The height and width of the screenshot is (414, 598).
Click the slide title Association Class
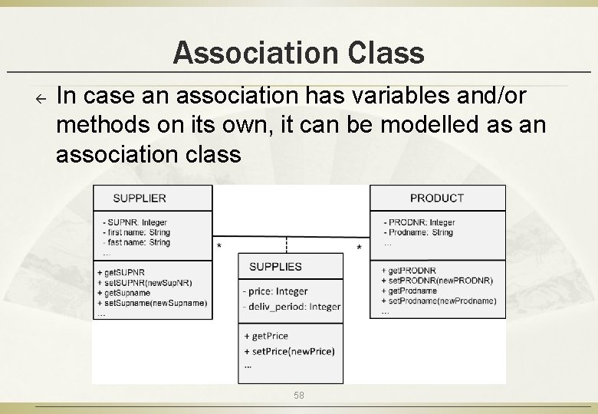tap(298, 53)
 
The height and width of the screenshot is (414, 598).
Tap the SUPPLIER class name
tap(140, 198)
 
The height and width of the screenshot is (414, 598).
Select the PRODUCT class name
tap(437, 198)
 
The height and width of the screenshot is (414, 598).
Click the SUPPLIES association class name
tap(276, 267)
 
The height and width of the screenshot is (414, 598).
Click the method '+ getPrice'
tap(266, 336)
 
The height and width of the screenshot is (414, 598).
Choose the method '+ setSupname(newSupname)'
tap(152, 303)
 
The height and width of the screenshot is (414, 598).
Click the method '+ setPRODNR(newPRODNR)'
tap(437, 281)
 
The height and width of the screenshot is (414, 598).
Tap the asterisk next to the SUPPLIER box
tap(220, 246)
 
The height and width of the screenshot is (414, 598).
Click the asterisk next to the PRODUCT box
tap(360, 247)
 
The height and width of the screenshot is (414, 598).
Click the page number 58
tap(299, 395)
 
